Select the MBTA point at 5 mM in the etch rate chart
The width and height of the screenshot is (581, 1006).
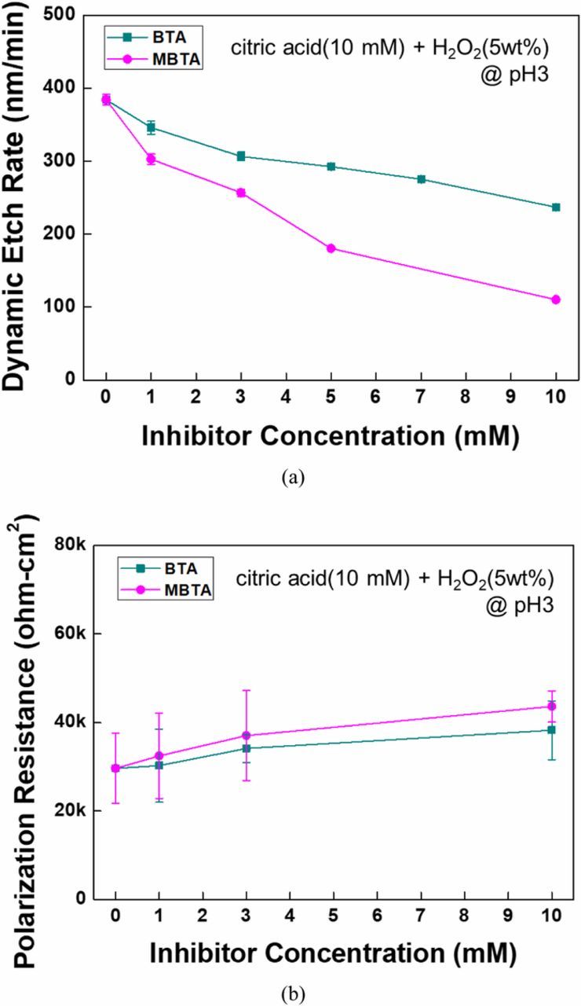(x=331, y=248)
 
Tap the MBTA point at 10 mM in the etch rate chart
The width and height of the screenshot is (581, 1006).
(x=556, y=299)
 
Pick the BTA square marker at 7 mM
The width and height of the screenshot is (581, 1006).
(x=421, y=179)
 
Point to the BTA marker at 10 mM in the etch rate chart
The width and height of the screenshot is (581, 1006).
(x=556, y=207)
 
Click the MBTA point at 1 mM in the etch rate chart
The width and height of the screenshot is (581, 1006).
(x=151, y=159)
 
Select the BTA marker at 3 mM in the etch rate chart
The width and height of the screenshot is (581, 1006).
(x=241, y=156)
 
